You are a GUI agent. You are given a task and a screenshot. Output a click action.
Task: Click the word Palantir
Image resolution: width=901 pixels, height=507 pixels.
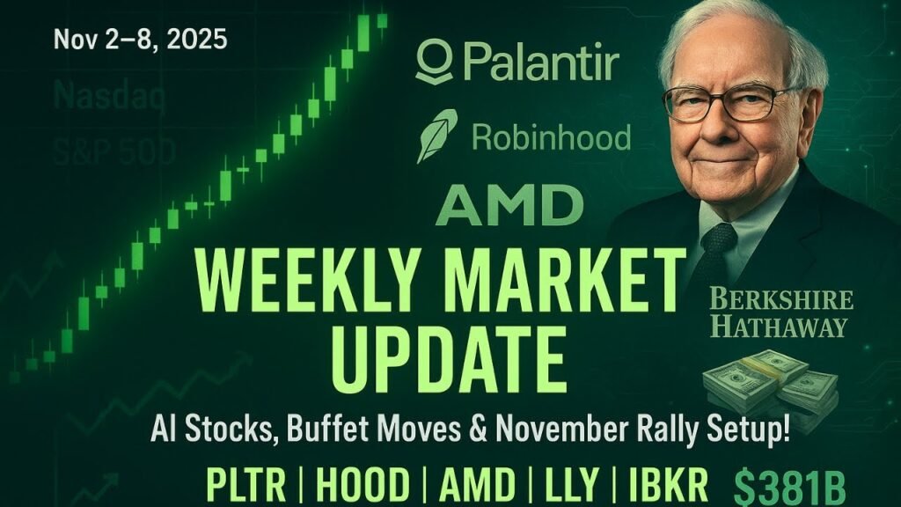pyautogui.click(x=540, y=64)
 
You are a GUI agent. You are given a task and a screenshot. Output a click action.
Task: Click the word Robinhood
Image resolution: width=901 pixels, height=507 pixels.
pyautogui.click(x=551, y=137)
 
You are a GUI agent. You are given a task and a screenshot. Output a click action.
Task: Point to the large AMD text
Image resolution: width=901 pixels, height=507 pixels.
pyautogui.click(x=509, y=205)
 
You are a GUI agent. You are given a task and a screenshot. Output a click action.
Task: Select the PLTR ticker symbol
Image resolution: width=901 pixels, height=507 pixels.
pyautogui.click(x=246, y=485)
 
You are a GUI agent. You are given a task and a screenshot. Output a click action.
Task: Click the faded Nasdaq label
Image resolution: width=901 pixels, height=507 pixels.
pyautogui.click(x=109, y=96)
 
